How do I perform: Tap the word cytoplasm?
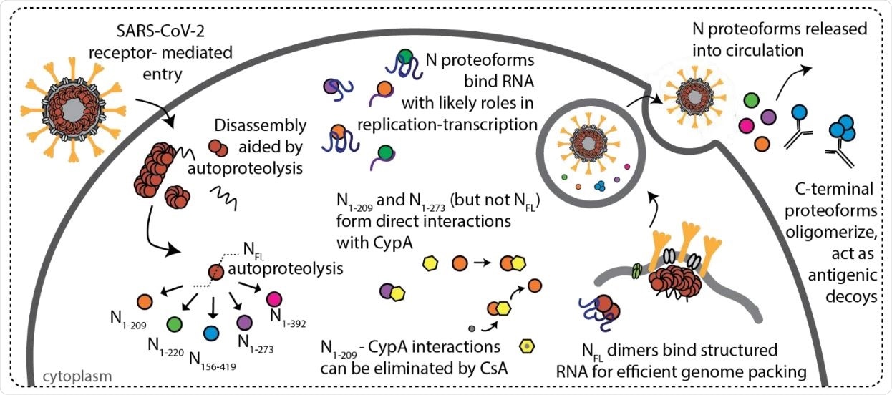coord(59,375)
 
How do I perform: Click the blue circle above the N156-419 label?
coord(210,333)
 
